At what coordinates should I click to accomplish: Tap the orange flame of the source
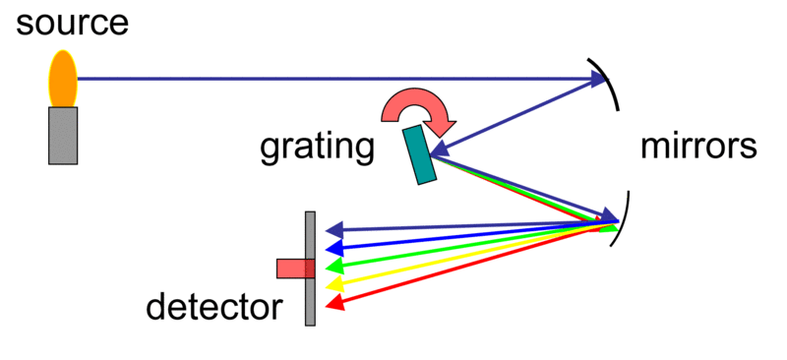[63, 79]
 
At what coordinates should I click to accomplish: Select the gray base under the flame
[63, 135]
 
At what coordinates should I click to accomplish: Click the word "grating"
[317, 148]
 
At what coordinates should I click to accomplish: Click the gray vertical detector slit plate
[310, 295]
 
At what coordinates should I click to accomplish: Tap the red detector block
[292, 268]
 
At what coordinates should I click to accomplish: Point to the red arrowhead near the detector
[335, 304]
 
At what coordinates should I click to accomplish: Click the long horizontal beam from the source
[325, 79]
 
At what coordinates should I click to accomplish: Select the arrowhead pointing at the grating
[436, 150]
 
